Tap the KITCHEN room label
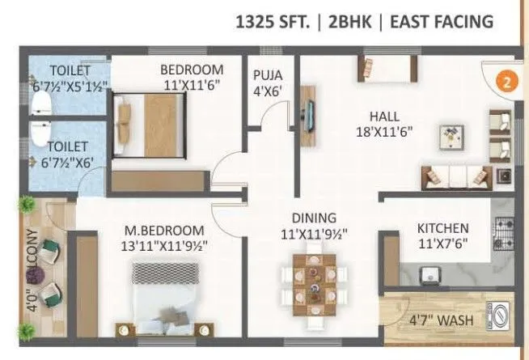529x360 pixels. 442,228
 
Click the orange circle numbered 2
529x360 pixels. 506,81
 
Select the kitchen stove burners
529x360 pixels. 503,233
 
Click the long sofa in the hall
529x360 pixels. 456,175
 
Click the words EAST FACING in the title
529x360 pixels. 442,22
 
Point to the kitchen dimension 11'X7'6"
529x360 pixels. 442,243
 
